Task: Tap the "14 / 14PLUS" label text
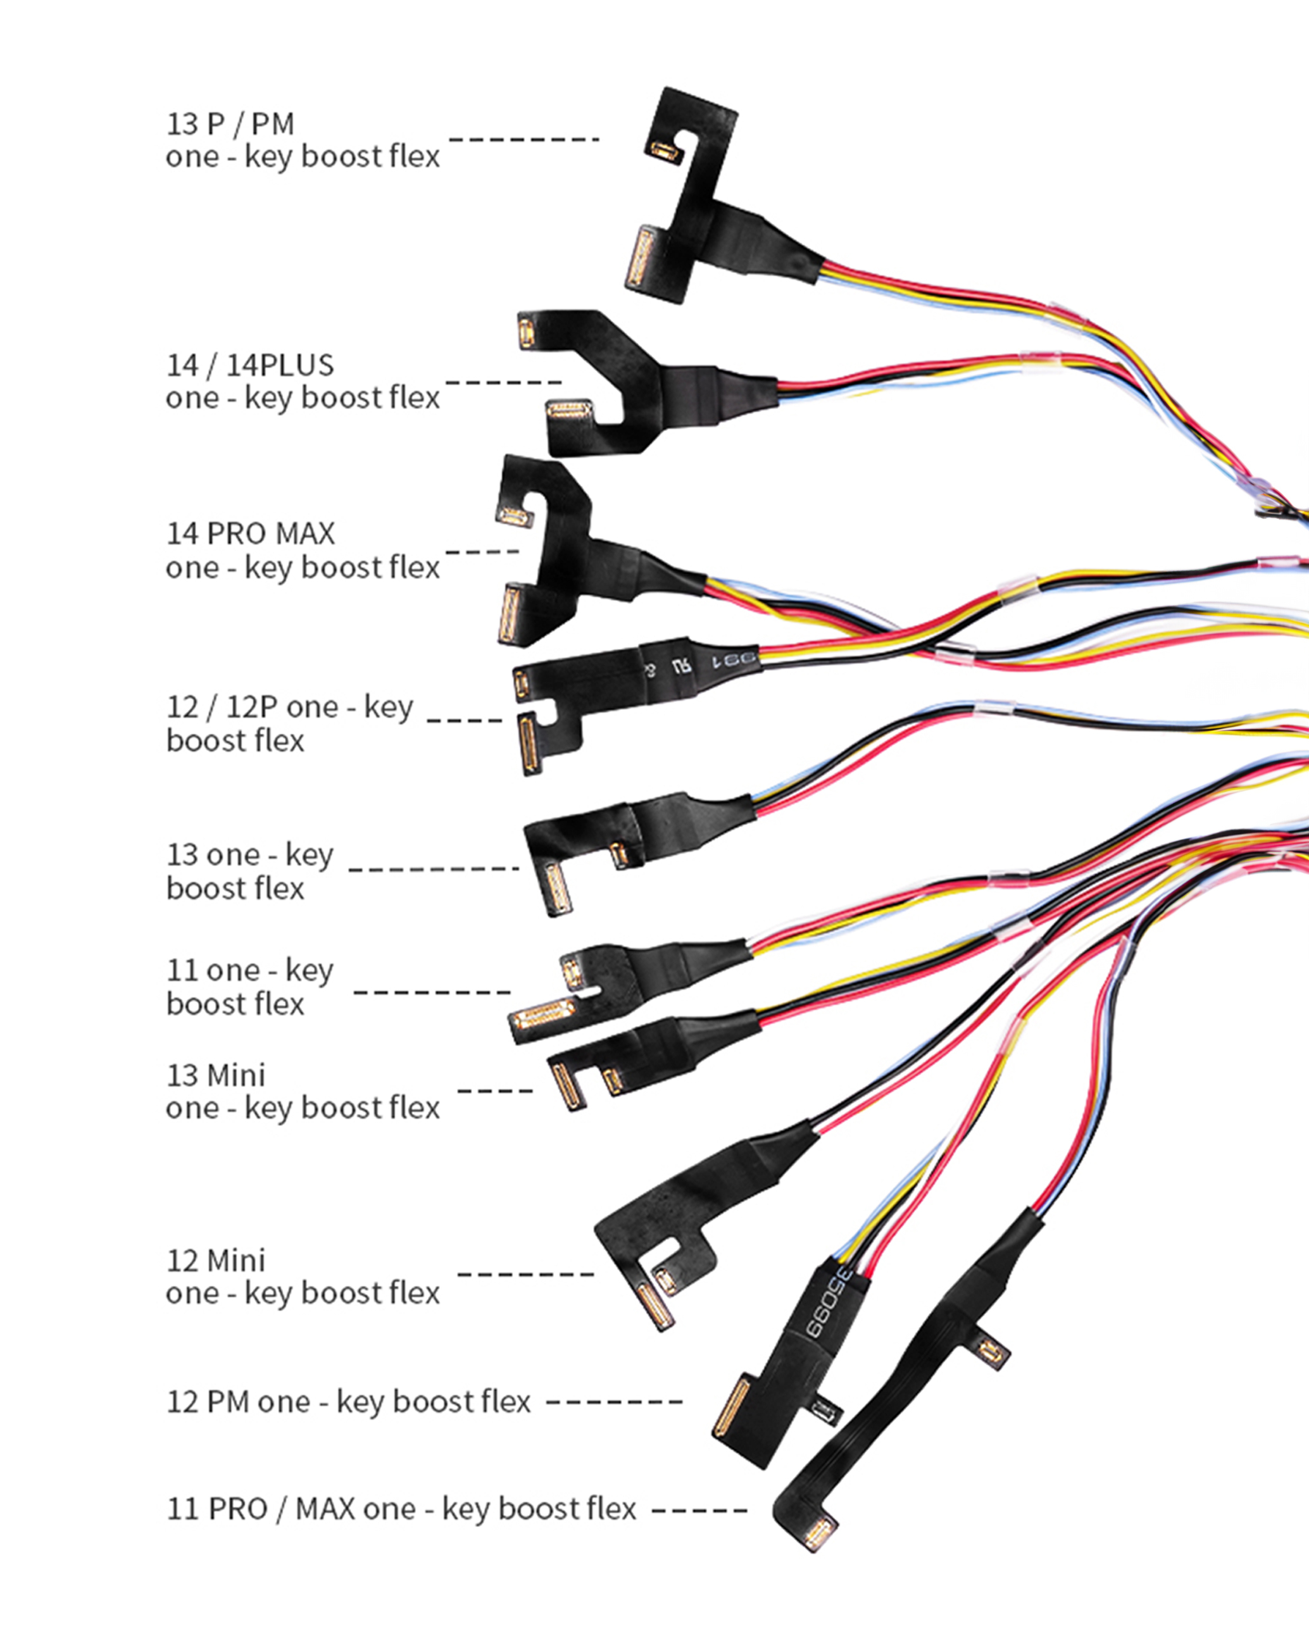(250, 365)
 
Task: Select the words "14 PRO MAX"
(250, 534)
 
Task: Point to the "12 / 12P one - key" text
(290, 707)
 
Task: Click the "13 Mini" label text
(216, 1075)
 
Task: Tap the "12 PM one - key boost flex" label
(349, 1402)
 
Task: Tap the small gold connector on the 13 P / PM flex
(665, 150)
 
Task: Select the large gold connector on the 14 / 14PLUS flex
(570, 411)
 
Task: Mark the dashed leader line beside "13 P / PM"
(523, 139)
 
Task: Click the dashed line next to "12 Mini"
(525, 1274)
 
